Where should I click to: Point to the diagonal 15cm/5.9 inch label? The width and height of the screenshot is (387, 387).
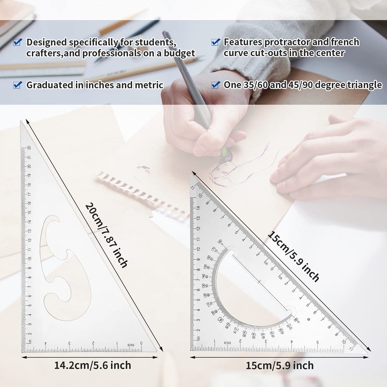[x=294, y=255]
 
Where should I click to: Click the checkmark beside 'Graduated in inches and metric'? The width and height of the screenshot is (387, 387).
[x=17, y=85]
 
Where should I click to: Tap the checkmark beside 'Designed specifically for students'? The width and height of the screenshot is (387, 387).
[x=17, y=42]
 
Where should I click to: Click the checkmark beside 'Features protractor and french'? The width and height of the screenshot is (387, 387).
[x=216, y=42]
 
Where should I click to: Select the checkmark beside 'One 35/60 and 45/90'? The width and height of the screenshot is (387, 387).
[x=216, y=85]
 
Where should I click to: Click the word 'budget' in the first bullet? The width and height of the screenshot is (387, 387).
[x=178, y=53]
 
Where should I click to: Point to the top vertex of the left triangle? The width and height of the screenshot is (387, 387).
[x=22, y=123]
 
